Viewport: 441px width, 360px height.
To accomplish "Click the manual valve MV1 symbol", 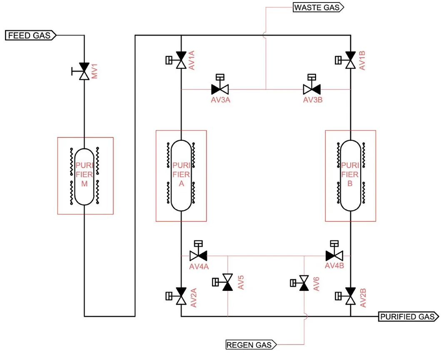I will coord(85,72).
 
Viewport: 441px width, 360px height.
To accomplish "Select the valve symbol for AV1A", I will coord(181,60).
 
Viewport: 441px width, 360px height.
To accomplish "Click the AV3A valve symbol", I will coord(220,89).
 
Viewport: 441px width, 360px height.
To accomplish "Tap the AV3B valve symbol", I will coord(311,89).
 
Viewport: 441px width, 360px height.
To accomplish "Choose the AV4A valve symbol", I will coord(199,255).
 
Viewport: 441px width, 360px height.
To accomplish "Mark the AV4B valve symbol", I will coord(334,255).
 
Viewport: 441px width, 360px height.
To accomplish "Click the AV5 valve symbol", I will coord(227,283).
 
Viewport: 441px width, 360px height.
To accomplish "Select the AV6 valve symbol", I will coord(304,283).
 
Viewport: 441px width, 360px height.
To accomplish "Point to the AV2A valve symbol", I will coord(181,296).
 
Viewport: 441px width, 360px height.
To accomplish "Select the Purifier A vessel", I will coord(181,175).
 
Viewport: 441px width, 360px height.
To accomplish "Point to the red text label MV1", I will coord(94,71).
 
